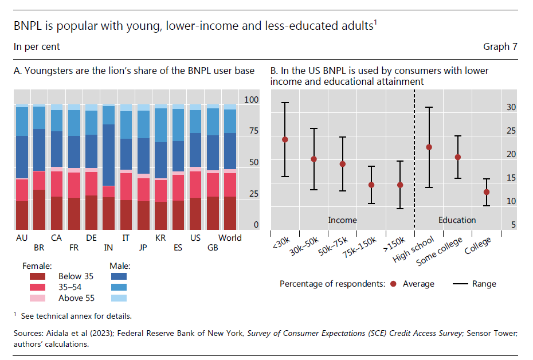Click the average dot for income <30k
(285, 139)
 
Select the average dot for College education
(486, 192)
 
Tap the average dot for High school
(429, 147)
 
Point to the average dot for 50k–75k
(343, 164)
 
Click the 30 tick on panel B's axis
(511, 107)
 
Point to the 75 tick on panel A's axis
(253, 131)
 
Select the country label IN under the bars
(108, 248)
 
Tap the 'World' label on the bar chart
(230, 238)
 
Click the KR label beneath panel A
(160, 238)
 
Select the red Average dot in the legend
(393, 284)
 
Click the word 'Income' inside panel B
(342, 220)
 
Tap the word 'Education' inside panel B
(457, 220)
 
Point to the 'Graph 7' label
(500, 46)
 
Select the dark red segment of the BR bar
(39, 209)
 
